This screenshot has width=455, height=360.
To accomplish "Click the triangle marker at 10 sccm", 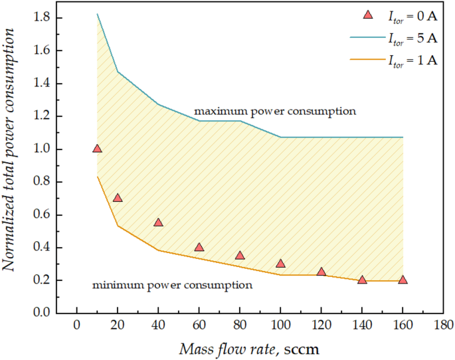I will pyautogui.click(x=97, y=149).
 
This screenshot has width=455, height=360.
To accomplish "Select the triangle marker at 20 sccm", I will pyautogui.click(x=118, y=198).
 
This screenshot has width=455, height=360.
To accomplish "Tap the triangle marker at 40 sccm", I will pyautogui.click(x=158, y=223).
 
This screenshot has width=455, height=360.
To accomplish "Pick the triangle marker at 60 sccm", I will pyautogui.click(x=199, y=247).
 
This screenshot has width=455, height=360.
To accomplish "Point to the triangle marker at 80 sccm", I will pyautogui.click(x=240, y=255).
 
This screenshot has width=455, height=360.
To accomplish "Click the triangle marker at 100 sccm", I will pyautogui.click(x=280, y=264).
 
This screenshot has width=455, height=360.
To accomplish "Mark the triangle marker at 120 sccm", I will pyautogui.click(x=321, y=272).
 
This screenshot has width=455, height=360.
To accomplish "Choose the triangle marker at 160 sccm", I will pyautogui.click(x=403, y=280).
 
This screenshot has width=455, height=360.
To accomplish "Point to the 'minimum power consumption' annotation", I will pyautogui.click(x=172, y=285).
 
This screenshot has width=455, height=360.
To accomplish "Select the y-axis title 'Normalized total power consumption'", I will pyautogui.click(x=11, y=165).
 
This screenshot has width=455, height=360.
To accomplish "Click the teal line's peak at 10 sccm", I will pyautogui.click(x=97, y=14).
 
